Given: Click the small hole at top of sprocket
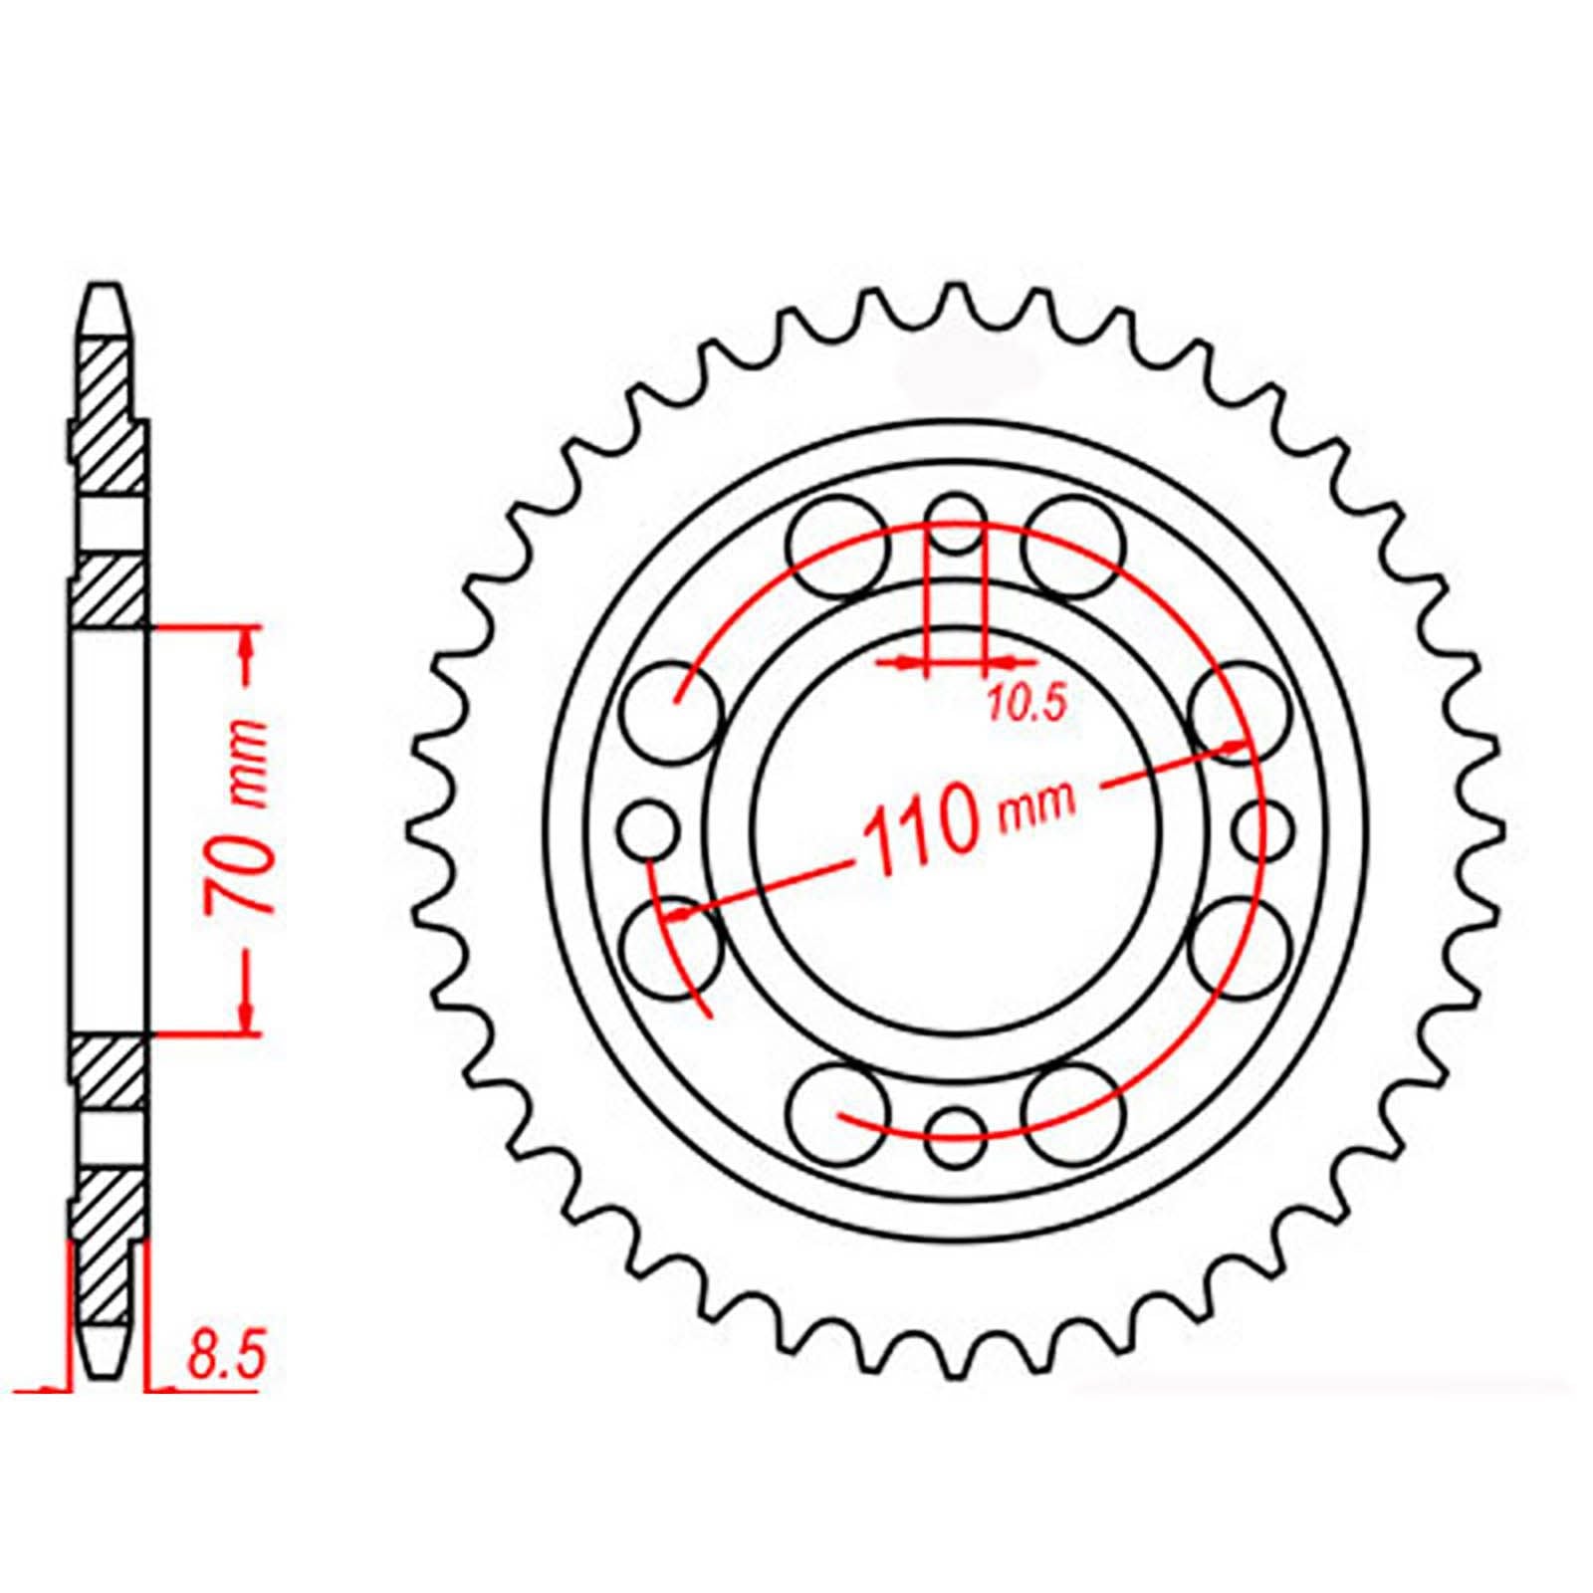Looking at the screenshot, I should [955, 524].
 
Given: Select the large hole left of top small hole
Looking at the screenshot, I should [836, 547].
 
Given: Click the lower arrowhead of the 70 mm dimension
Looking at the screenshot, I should [246, 1013].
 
